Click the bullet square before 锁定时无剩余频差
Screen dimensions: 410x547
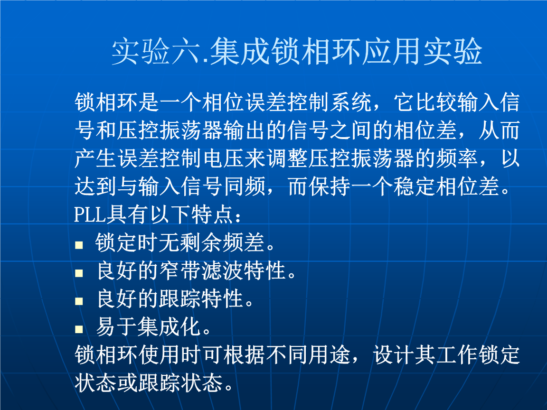pyautogui.click(x=79, y=245)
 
